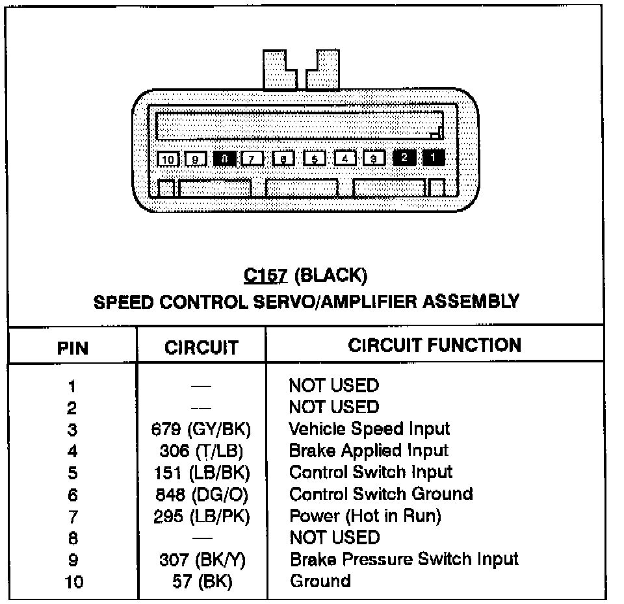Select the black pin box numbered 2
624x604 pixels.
[404, 158]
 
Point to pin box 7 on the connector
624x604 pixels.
[252, 158]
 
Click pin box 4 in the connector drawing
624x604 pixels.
[345, 158]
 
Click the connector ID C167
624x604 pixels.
[265, 276]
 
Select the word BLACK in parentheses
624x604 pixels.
[330, 276]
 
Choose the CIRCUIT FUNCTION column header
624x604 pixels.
[434, 345]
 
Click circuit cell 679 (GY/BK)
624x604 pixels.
[200, 429]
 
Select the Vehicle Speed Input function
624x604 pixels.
[369, 429]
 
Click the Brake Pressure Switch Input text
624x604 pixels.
[404, 559]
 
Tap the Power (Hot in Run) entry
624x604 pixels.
[365, 516]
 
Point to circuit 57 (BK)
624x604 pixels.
[202, 581]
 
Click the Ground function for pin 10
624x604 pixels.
[320, 581]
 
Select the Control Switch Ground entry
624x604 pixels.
[380, 494]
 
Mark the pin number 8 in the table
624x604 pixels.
[72, 538]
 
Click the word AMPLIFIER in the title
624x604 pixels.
[393, 302]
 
